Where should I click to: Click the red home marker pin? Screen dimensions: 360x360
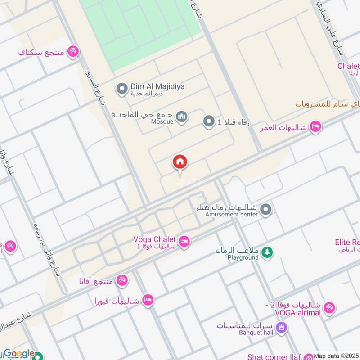(x=180, y=162)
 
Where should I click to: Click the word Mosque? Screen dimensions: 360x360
(x=162, y=121)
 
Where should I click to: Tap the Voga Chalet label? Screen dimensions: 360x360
(x=155, y=239)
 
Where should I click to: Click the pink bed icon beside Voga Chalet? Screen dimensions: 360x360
(x=184, y=242)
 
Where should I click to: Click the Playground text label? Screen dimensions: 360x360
(x=243, y=257)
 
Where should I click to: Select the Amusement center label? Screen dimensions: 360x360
(x=231, y=215)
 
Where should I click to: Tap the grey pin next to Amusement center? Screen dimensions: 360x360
(x=266, y=210)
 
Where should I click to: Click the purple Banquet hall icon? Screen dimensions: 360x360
(x=282, y=328)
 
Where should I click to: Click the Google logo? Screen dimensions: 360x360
(x=19, y=354)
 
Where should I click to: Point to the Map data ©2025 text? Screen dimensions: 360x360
(x=336, y=355)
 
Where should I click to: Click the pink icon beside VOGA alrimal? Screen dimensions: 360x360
(x=329, y=308)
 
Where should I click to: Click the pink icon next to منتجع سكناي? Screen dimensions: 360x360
(x=73, y=52)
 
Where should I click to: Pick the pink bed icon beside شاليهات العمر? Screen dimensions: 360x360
(x=316, y=127)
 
